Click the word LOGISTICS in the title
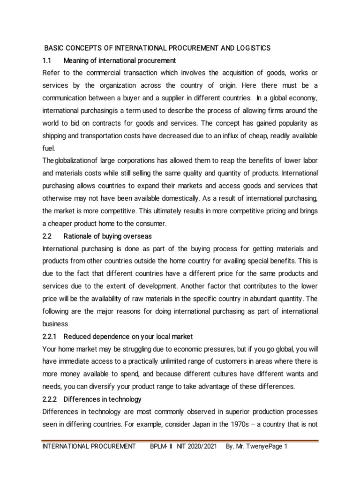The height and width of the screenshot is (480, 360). click(252, 48)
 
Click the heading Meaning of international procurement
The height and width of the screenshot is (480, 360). click(120, 60)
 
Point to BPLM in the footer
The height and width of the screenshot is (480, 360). click(158, 447)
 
